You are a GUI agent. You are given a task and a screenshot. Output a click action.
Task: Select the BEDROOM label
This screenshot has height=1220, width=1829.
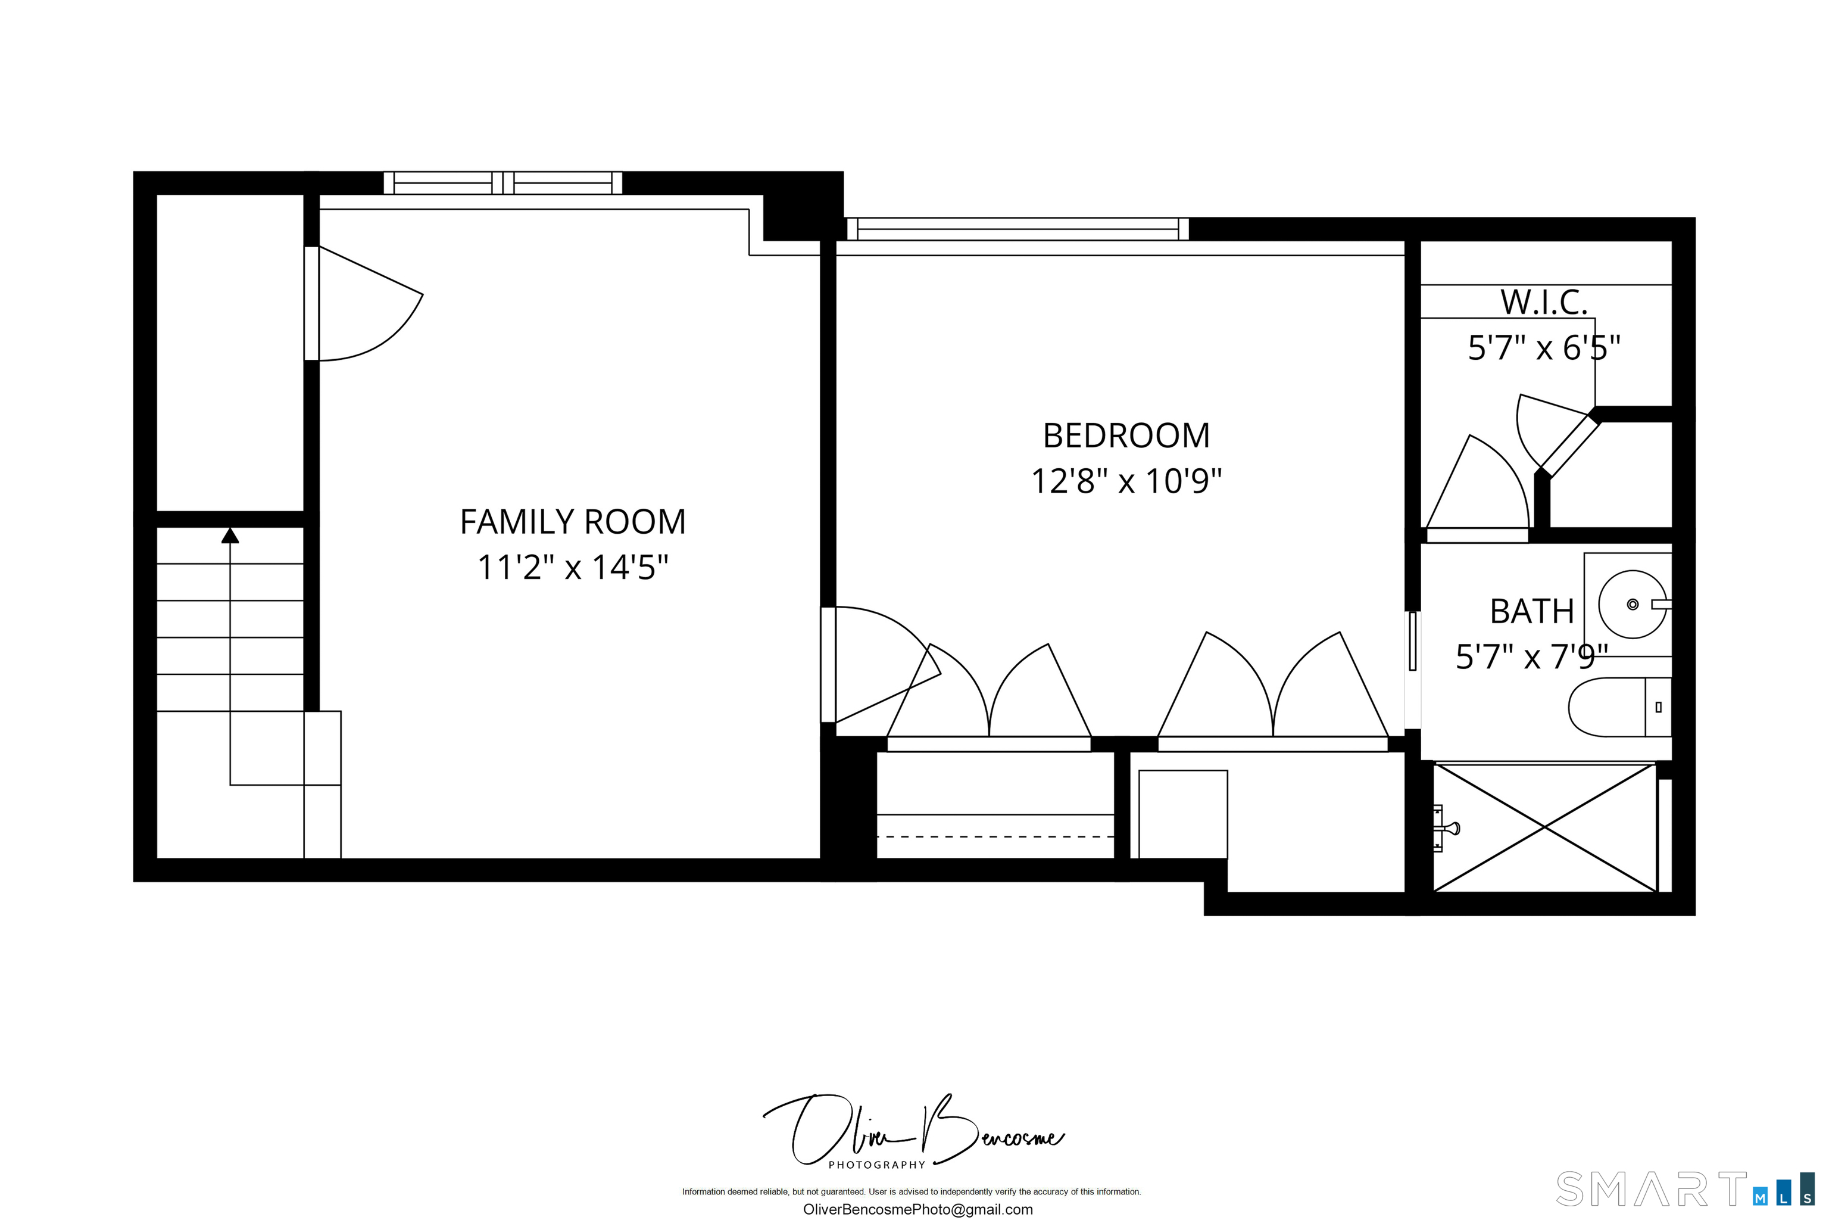[x=1125, y=435]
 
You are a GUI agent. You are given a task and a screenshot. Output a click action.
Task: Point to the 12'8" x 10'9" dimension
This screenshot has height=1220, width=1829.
[x=1125, y=481]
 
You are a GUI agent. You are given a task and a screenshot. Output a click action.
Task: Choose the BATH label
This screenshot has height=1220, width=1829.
[x=1531, y=612]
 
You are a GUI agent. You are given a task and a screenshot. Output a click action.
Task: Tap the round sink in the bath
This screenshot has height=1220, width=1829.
[x=1633, y=605]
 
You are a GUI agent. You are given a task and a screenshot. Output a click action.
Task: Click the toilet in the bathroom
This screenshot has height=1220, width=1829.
[x=1618, y=707]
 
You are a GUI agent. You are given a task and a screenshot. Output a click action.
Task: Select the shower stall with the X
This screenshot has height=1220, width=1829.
[x=1544, y=828]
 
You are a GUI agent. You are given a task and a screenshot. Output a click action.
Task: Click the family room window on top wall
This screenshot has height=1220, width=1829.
[x=502, y=183]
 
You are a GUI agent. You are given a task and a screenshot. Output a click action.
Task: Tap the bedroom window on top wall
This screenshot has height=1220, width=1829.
[x=1017, y=229]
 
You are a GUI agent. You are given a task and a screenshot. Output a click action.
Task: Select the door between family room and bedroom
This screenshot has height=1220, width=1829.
[x=879, y=661]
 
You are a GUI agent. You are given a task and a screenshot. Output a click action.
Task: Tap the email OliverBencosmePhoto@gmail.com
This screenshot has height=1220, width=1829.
[x=917, y=1210]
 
